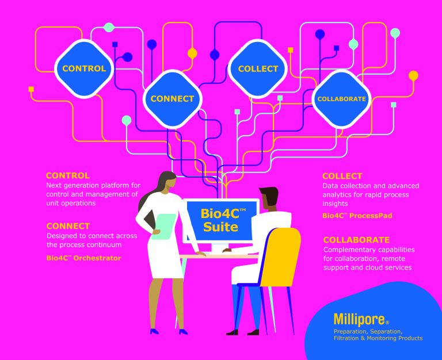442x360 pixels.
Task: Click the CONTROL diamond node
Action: pyautogui.click(x=84, y=68)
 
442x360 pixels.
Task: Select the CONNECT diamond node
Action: pyautogui.click(x=172, y=98)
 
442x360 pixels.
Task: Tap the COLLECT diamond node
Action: pyautogui.click(x=258, y=68)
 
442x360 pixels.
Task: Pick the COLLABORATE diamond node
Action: pyautogui.click(x=341, y=99)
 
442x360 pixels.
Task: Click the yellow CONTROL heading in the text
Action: pyautogui.click(x=68, y=175)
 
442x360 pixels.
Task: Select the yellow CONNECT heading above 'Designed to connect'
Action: pyautogui.click(x=68, y=226)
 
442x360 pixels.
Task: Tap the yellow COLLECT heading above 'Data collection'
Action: pyautogui.click(x=342, y=176)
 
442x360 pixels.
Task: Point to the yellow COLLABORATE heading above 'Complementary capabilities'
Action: pyautogui.click(x=356, y=240)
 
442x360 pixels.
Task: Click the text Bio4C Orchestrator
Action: pyautogui.click(x=83, y=258)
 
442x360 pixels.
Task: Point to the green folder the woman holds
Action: pyautogui.click(x=166, y=227)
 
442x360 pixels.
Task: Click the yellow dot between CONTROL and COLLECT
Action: pyautogui.click(x=192, y=53)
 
